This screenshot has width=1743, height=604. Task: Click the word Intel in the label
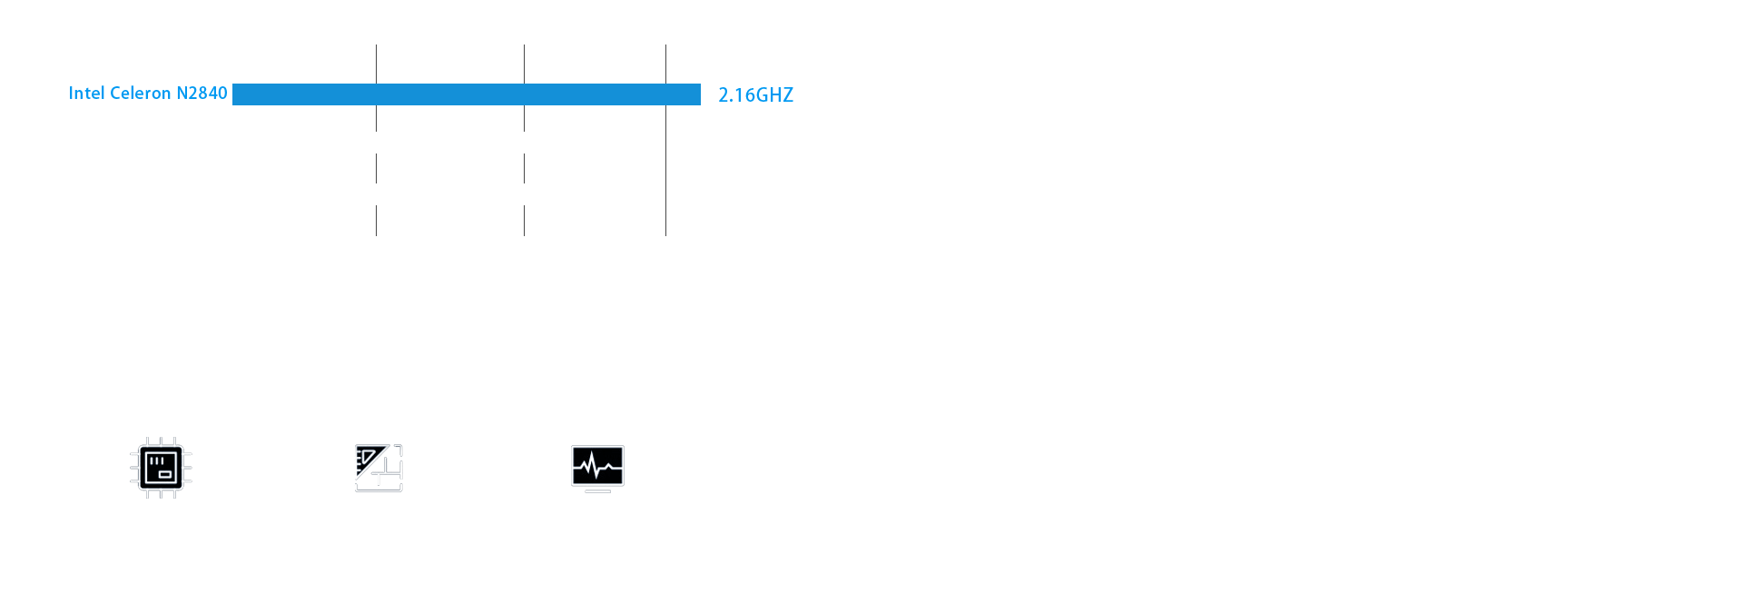86,93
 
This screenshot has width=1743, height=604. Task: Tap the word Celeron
140,93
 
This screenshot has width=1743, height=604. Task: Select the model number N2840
202,93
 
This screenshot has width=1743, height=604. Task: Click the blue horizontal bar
466,94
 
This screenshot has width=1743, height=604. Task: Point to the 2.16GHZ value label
755,94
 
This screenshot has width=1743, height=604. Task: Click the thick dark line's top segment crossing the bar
377,64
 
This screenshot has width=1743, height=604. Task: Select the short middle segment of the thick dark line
377,169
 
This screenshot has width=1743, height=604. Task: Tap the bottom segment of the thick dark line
377,222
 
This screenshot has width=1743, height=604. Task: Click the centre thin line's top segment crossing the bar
524,64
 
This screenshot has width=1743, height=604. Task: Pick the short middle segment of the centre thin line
524,169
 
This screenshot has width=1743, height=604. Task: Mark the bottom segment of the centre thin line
524,221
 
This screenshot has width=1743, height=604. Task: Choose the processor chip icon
161,468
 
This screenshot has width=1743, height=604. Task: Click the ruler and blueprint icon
379,468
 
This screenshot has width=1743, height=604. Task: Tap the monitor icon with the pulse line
597,466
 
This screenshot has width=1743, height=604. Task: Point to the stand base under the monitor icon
597,491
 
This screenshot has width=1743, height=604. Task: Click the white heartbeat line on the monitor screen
597,468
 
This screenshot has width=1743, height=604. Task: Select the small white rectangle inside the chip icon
165,474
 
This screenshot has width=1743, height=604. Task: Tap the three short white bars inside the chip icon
156,460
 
